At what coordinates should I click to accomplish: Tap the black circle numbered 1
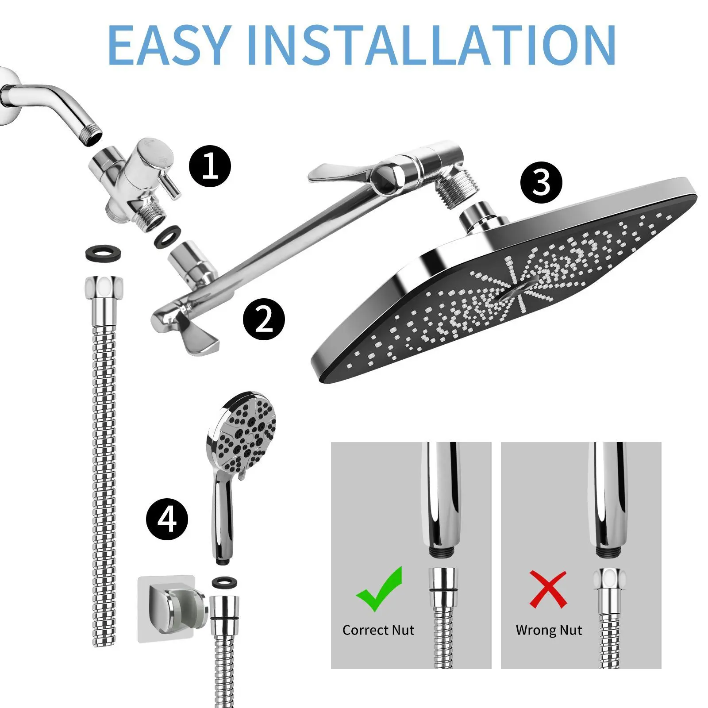pyautogui.click(x=210, y=167)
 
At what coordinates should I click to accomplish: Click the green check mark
pyautogui.click(x=379, y=589)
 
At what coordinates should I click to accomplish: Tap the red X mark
pyautogui.click(x=548, y=589)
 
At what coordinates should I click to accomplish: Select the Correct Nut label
pyautogui.click(x=378, y=630)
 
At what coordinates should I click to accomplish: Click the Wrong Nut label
pyautogui.click(x=549, y=630)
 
